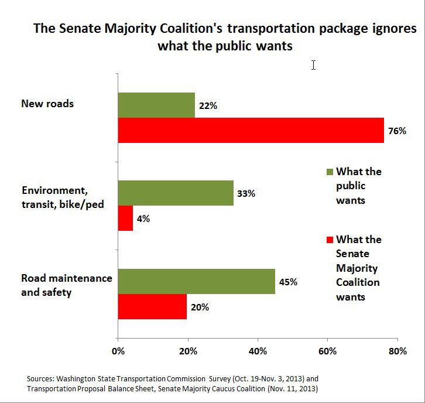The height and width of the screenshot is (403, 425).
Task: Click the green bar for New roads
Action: pos(156,105)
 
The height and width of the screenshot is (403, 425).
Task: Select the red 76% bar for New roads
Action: pos(251,130)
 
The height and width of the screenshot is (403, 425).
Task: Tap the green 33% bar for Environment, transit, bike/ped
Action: pos(176,193)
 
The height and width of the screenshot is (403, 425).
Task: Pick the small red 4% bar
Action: pos(126,218)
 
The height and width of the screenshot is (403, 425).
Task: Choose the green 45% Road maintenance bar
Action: pos(197,281)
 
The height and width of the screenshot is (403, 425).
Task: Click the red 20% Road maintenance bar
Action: pos(153,306)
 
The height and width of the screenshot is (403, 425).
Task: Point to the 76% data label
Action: pos(397,131)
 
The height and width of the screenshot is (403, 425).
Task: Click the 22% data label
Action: pos(208,105)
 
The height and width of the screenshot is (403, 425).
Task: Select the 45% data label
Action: pos(288,282)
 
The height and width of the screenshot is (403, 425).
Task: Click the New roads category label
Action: pos(47,104)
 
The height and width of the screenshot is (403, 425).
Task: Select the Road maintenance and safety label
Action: pos(66,285)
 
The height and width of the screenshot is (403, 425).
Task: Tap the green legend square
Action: pos(329,172)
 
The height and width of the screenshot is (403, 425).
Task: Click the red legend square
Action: pos(329,240)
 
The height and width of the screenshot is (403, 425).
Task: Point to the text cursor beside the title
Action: pos(314,65)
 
